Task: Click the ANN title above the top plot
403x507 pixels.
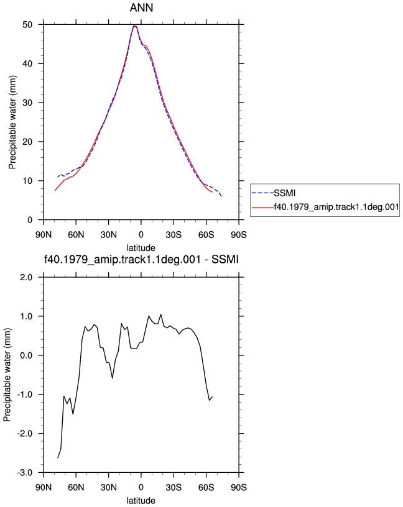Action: point(141,7)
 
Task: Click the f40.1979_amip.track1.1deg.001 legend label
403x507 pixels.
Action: point(336,207)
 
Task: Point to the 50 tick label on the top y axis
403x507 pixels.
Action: point(27,25)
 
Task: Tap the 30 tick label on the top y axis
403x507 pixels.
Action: point(27,103)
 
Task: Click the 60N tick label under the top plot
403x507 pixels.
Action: point(76,234)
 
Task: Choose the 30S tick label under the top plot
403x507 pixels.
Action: point(174,234)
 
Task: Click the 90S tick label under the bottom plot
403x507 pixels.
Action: point(239,487)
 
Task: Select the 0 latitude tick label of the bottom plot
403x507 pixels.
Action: point(141,487)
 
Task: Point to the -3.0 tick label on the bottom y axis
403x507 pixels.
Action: point(25,472)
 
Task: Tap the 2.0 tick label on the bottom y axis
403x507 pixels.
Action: point(27,278)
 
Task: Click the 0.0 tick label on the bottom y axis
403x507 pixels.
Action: point(27,355)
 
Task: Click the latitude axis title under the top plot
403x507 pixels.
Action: point(141,248)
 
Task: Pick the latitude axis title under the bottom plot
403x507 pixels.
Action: point(141,501)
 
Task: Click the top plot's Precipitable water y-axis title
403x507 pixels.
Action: point(12,122)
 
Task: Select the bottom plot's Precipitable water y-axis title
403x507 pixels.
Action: point(7,375)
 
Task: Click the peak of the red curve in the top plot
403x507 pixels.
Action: point(134,25)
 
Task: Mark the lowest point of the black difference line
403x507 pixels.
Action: point(58,458)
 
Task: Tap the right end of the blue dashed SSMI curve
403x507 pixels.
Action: point(222,196)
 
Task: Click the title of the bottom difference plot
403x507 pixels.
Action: point(141,259)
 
